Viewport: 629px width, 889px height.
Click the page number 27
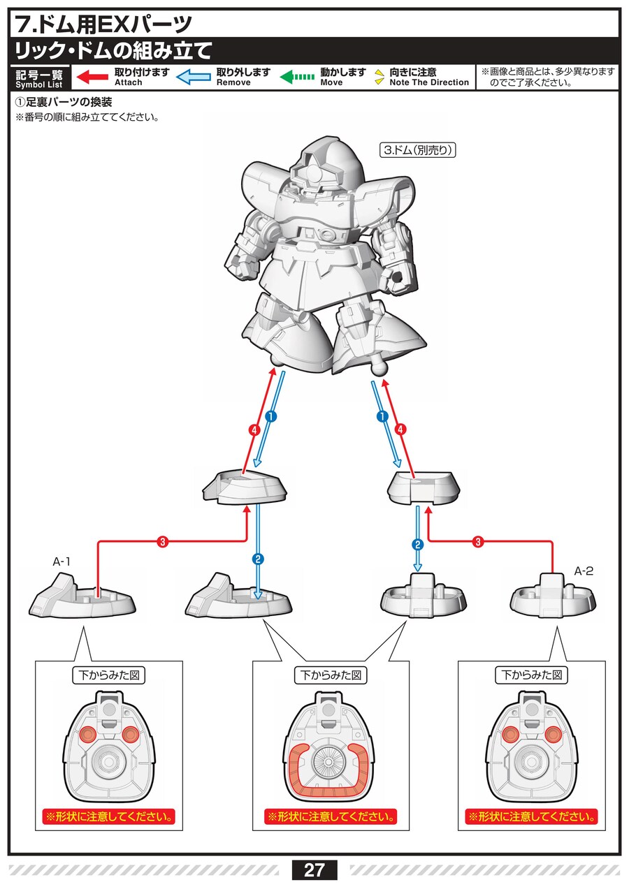314,869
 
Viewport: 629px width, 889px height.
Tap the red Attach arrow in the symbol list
92,77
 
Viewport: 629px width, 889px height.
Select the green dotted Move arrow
297,77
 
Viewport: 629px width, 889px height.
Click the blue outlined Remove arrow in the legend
194,77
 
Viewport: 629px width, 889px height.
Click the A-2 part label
584,571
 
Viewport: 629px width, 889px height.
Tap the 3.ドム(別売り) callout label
417,150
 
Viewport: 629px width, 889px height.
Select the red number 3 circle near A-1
162,542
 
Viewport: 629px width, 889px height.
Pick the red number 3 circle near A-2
479,541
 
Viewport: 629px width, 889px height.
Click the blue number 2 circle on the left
258,559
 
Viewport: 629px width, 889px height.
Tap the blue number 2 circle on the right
418,545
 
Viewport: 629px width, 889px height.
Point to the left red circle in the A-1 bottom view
88,733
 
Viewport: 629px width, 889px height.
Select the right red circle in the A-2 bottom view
554,733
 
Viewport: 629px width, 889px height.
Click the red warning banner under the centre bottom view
329,816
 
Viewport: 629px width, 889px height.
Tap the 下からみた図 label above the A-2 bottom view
531,675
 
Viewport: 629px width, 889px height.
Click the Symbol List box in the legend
39,78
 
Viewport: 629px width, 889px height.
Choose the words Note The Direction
429,82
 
